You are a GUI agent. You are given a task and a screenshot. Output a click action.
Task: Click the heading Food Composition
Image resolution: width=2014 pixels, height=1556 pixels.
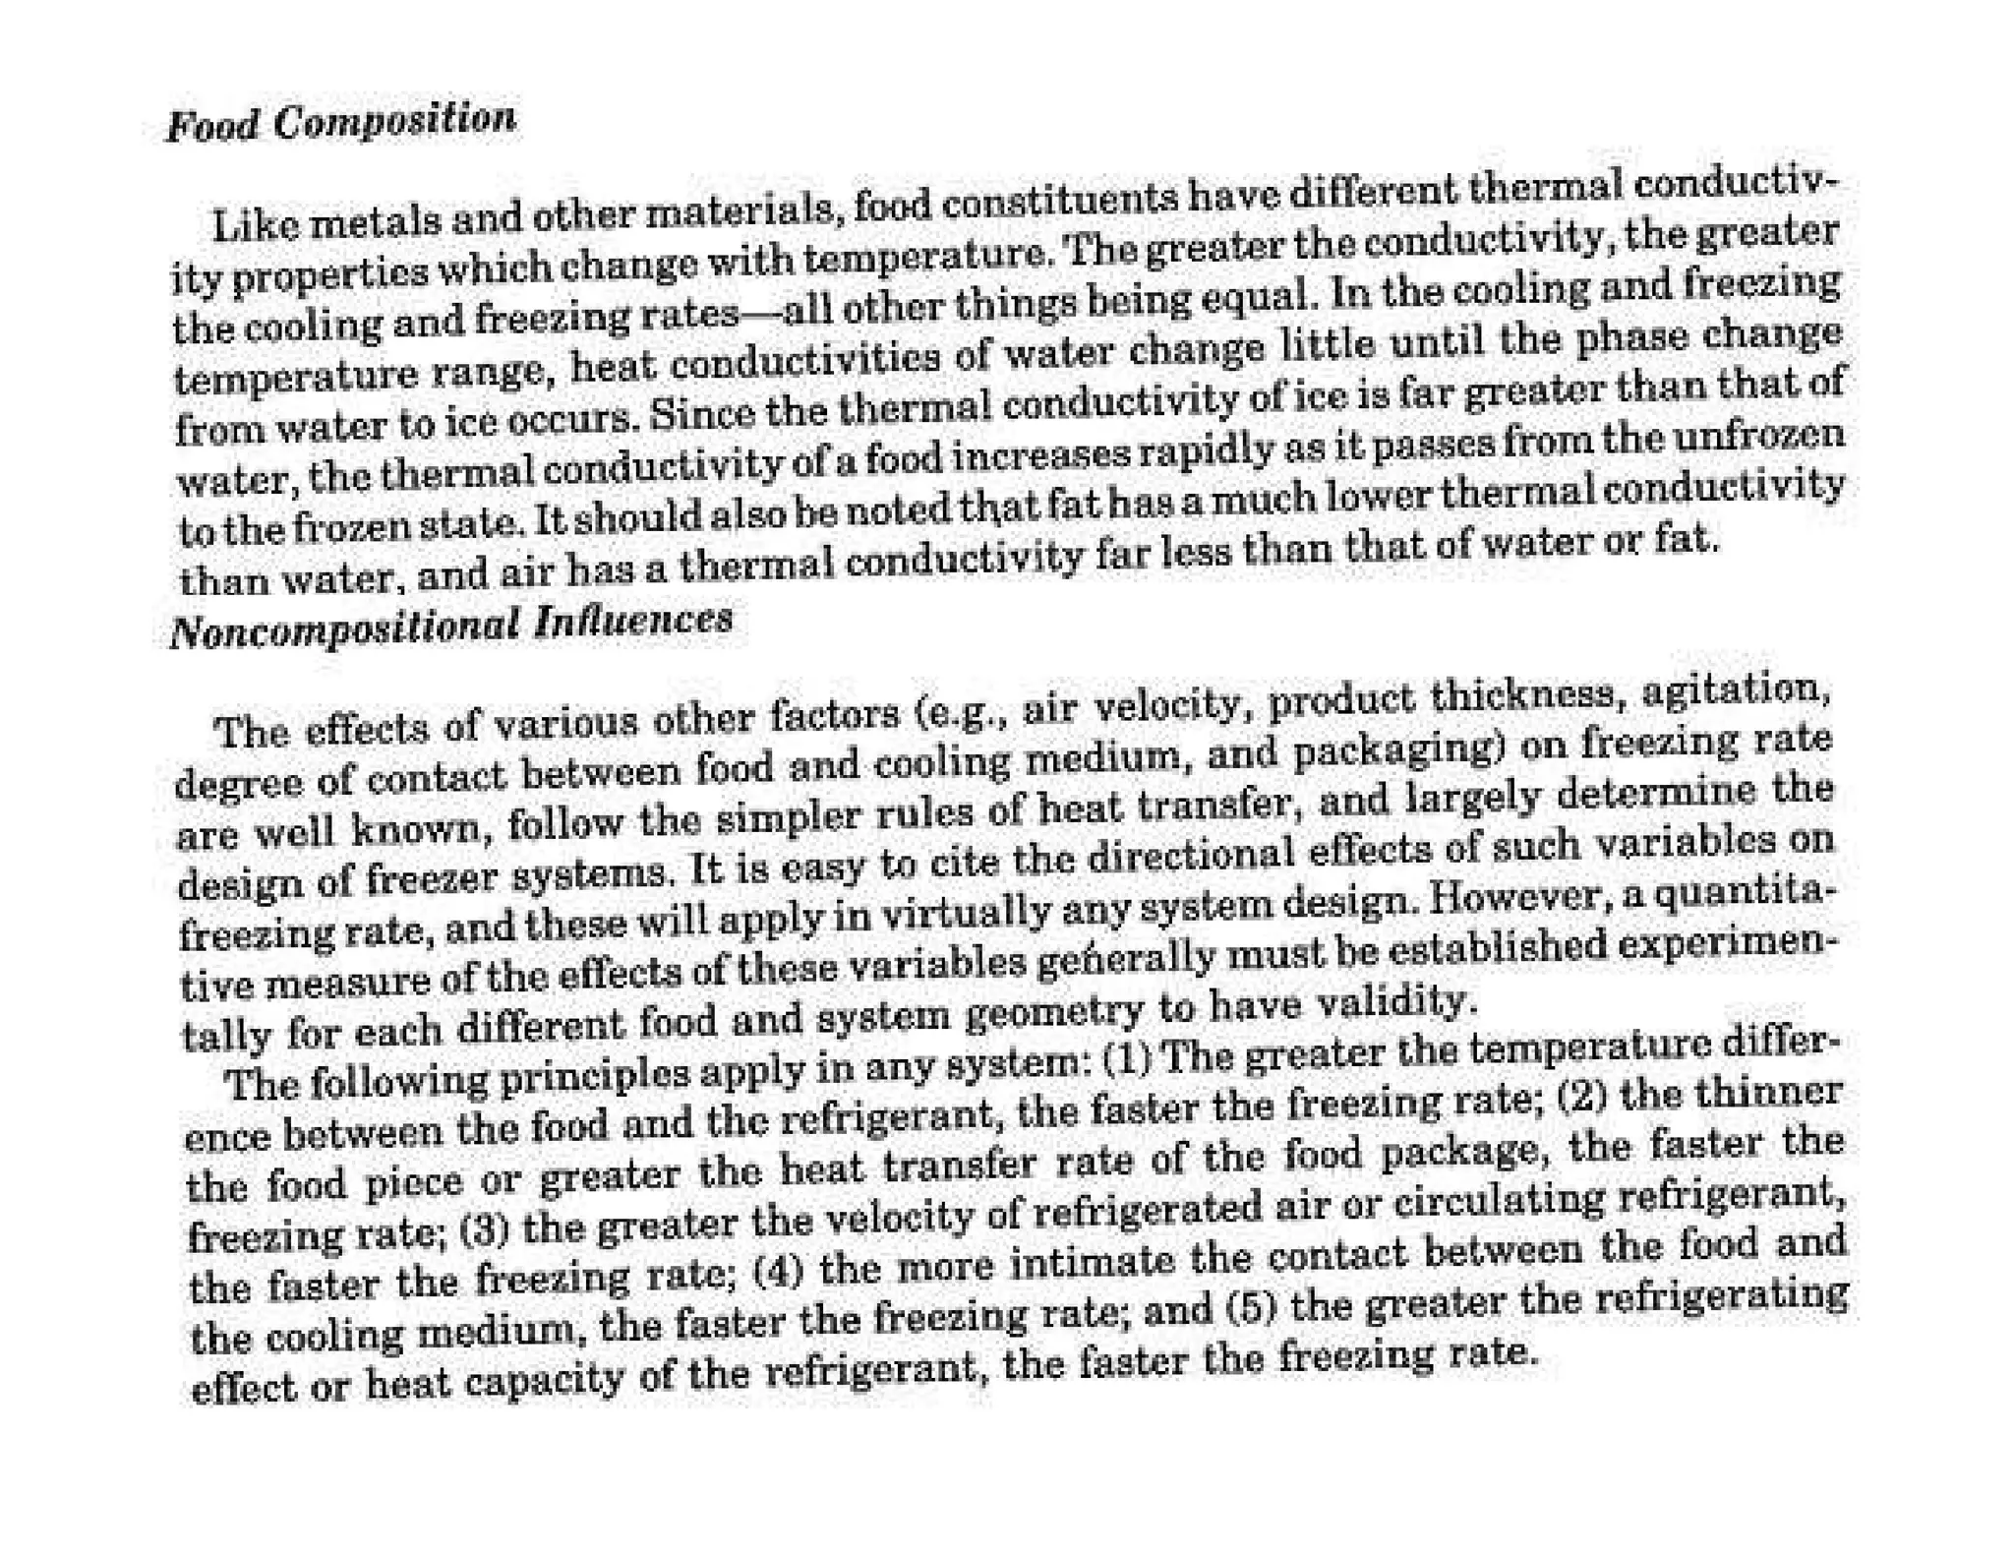(340, 123)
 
